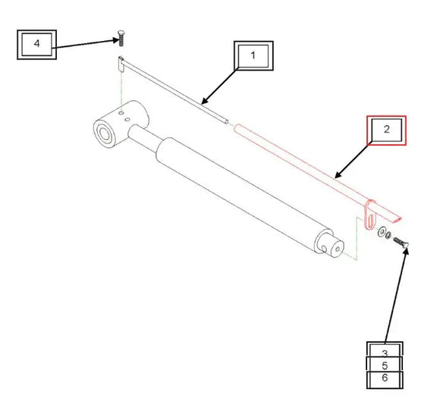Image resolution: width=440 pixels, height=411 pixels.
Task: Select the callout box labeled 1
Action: click(253, 56)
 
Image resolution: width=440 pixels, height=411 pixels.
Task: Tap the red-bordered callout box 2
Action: click(386, 130)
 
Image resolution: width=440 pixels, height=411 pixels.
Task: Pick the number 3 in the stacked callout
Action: click(385, 353)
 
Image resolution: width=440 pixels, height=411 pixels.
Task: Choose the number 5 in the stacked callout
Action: click(385, 366)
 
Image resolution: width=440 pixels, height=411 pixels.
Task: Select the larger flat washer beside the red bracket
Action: click(381, 232)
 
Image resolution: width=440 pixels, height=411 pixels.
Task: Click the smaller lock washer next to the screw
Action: click(389, 237)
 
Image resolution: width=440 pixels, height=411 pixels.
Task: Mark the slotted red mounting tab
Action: click(369, 213)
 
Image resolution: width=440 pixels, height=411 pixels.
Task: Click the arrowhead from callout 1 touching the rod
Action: click(203, 102)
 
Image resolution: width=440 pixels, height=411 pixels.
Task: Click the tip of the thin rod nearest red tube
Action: click(227, 118)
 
